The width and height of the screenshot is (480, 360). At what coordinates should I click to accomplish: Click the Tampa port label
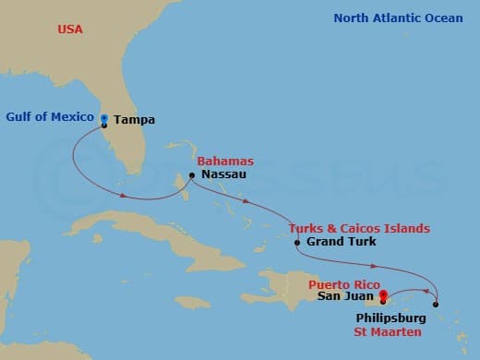134,120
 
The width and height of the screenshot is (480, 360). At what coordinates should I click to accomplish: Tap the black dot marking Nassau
191,174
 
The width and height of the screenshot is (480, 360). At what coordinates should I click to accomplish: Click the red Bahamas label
225,162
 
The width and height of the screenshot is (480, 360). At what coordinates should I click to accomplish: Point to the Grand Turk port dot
296,243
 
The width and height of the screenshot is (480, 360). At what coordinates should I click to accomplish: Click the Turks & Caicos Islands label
358,229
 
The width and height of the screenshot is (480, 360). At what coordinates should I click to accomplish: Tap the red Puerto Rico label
342,285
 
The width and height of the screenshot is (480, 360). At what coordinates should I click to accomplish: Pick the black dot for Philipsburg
435,304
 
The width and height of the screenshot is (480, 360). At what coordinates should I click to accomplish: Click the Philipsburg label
390,318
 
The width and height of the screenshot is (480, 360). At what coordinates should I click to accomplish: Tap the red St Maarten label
390,331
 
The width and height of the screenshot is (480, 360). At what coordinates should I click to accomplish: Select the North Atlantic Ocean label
398,18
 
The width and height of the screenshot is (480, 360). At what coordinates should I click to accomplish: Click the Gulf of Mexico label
50,117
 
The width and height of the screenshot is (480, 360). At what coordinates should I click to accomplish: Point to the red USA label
70,30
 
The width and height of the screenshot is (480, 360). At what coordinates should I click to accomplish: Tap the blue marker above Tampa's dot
104,117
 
